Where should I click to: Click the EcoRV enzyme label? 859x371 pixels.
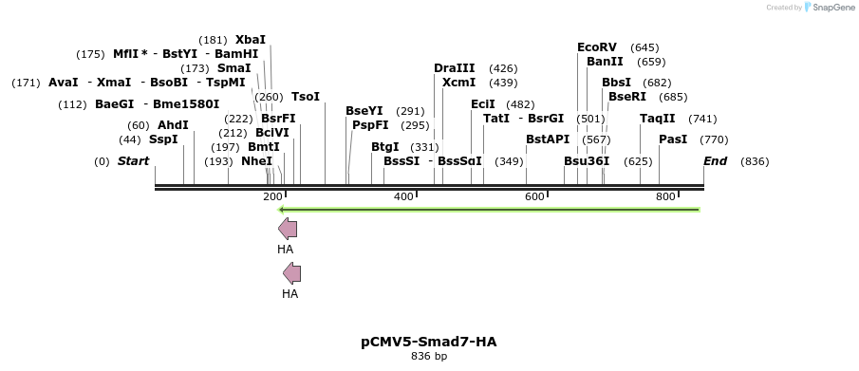(x=597, y=47)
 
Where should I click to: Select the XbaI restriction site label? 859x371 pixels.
(x=251, y=40)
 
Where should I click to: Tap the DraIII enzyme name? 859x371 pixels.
(x=455, y=68)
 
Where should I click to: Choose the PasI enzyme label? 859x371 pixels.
(x=673, y=139)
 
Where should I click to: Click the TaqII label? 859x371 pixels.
(x=658, y=119)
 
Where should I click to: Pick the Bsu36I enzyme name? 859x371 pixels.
(x=587, y=161)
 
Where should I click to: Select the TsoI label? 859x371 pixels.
(x=306, y=97)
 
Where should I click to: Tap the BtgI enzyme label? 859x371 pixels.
(x=385, y=147)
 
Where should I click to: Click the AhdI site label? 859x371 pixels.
(x=173, y=125)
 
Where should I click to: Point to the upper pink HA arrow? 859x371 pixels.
(x=288, y=229)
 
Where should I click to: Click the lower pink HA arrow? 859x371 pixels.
(x=292, y=274)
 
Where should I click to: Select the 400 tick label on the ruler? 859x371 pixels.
(x=403, y=196)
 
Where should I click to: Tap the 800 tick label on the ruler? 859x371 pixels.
(x=665, y=196)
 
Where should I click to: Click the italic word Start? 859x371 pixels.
(x=133, y=161)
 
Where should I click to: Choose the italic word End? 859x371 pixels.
(x=715, y=161)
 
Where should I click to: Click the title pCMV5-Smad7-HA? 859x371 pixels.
(x=429, y=342)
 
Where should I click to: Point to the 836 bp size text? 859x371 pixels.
(x=429, y=357)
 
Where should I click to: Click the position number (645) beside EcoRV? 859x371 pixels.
(x=644, y=47)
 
